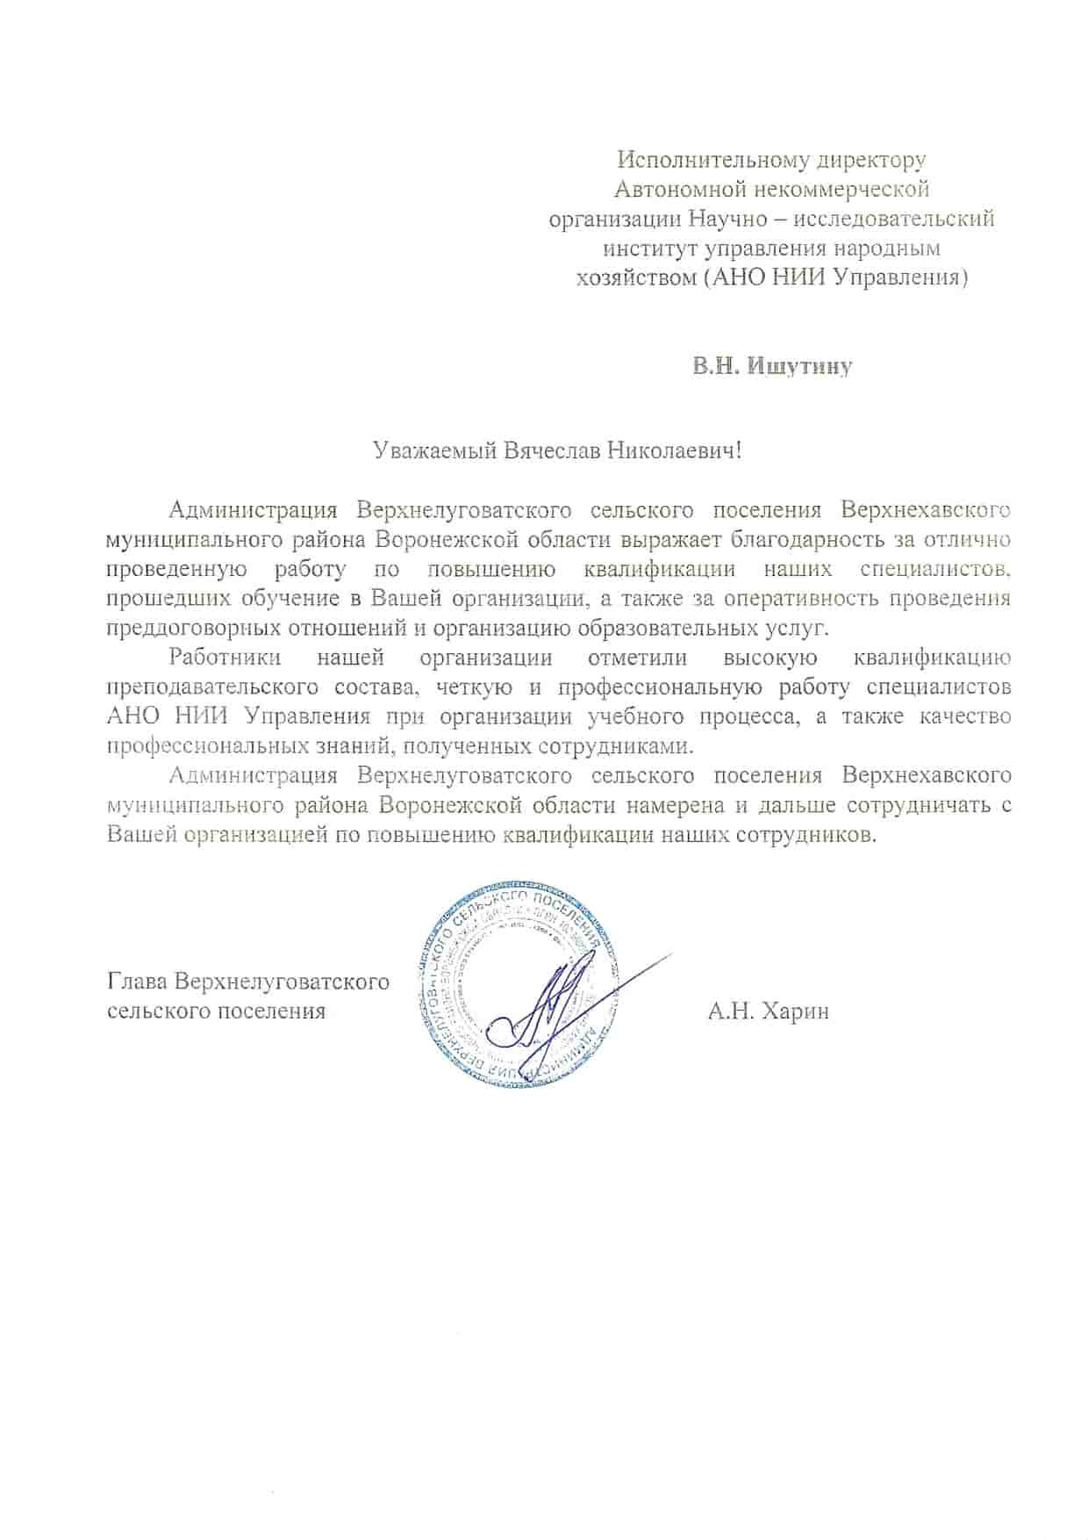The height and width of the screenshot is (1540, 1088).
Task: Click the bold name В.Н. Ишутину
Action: coord(771,366)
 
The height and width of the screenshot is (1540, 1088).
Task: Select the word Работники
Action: coord(225,658)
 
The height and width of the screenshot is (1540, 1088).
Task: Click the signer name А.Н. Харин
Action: coord(769,1011)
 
